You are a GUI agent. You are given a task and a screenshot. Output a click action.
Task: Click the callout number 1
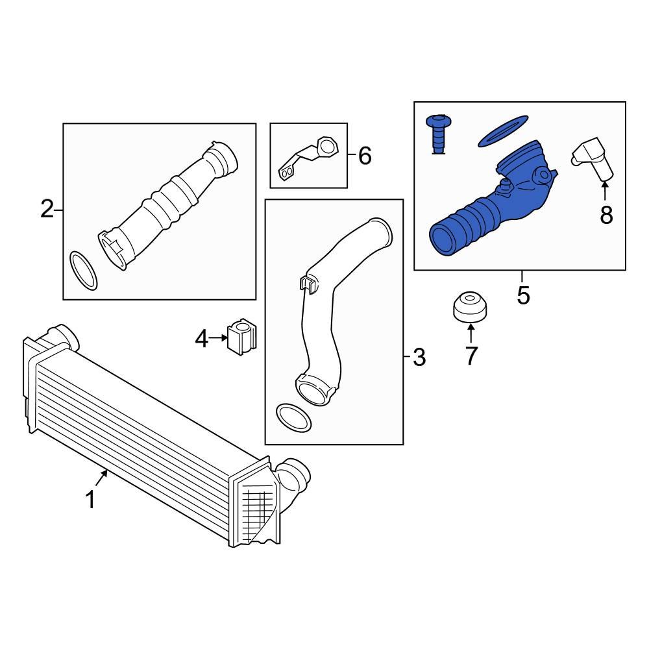click(91, 500)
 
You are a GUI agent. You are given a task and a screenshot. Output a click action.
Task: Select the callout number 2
click(47, 210)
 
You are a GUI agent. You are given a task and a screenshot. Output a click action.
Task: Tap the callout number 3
click(419, 356)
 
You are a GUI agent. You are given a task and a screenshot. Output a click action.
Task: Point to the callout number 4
click(202, 338)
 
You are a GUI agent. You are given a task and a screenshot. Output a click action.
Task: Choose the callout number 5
click(523, 296)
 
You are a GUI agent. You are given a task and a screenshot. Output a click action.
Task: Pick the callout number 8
click(606, 215)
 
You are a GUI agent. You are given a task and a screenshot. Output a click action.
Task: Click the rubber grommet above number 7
click(471, 306)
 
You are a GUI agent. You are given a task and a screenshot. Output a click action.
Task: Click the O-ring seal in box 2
click(83, 271)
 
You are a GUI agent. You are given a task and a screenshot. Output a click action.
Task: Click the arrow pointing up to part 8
click(605, 192)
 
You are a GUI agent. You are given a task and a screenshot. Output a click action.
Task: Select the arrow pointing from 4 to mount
click(219, 337)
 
